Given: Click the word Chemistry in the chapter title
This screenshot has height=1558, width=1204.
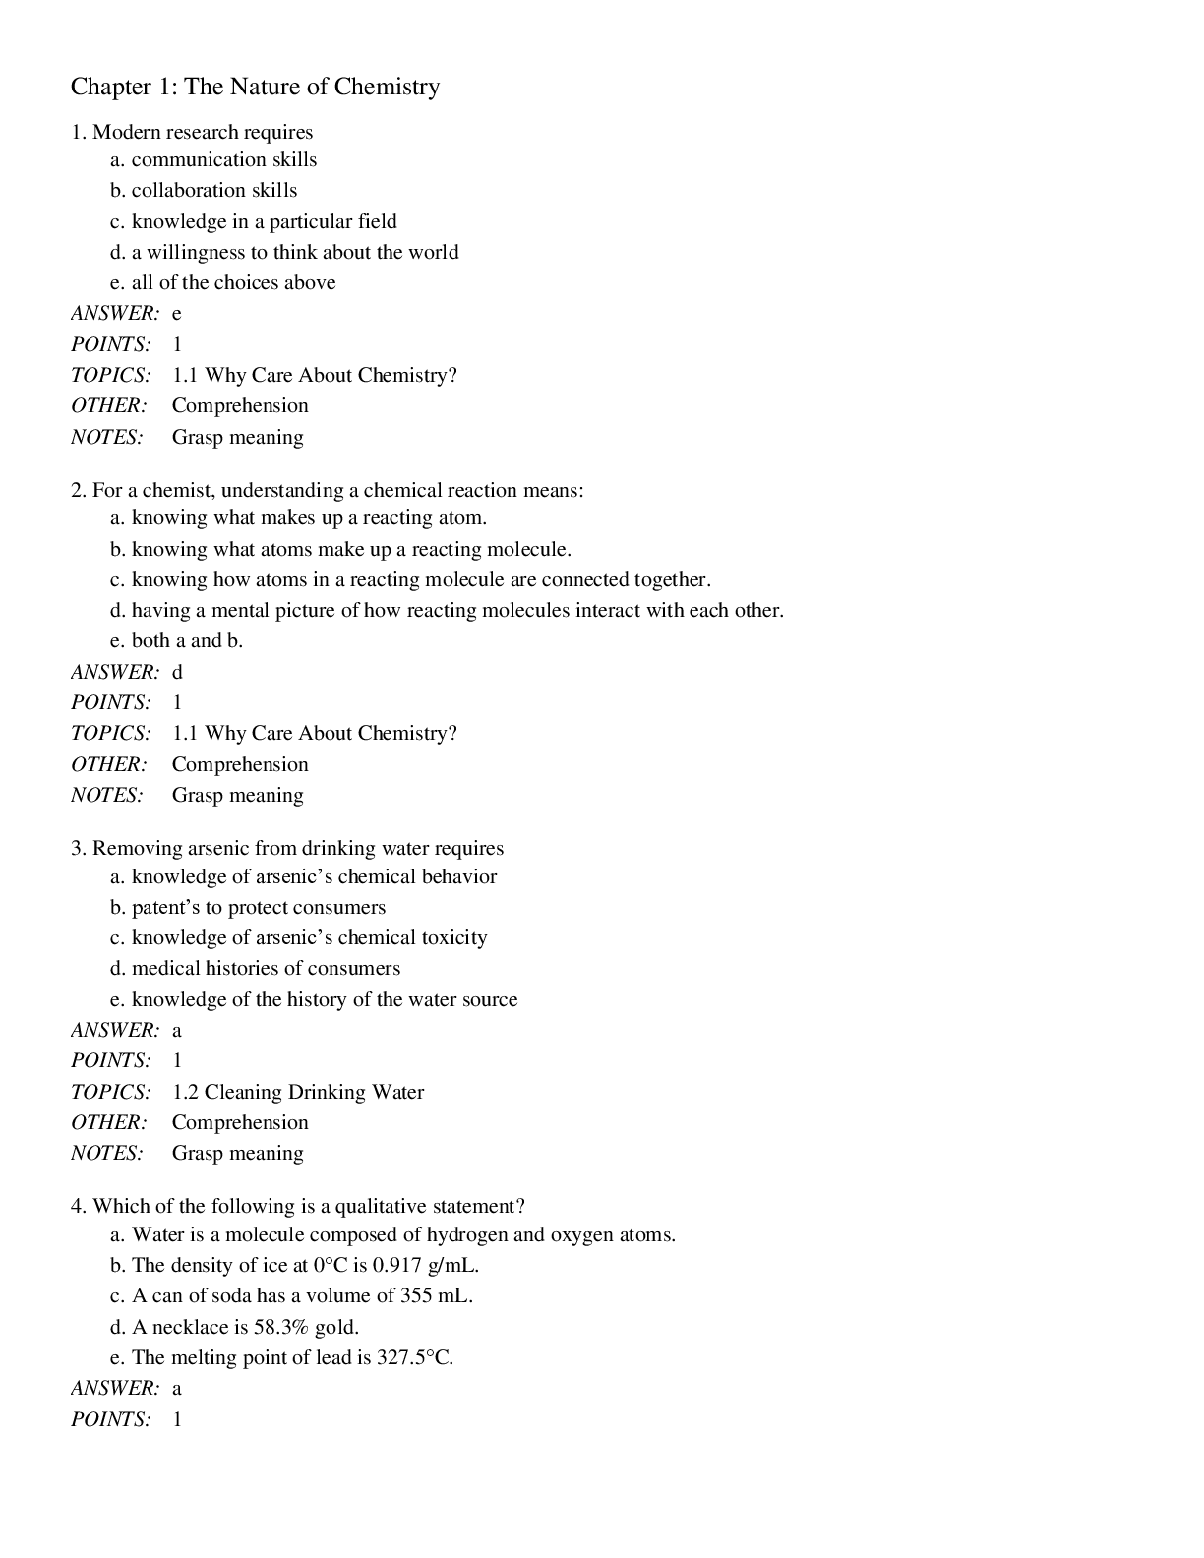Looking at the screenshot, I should pos(387,88).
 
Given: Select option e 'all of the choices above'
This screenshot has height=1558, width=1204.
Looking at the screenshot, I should pos(233,283).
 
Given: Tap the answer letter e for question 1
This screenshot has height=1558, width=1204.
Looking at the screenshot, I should pos(177,314).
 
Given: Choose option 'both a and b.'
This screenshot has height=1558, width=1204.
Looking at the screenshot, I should pos(187,641).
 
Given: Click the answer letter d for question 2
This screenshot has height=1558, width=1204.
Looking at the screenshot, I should pos(177,673).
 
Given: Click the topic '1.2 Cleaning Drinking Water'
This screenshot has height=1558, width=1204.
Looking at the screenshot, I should pos(298,1092).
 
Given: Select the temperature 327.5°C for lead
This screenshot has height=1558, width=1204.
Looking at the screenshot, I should pos(414,1358).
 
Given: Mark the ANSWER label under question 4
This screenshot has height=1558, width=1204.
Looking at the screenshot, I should pos(114,1389).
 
